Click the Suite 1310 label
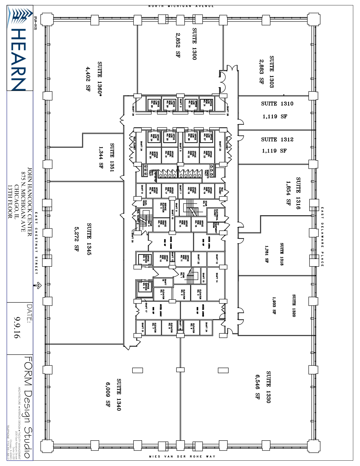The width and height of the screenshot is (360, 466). tap(277, 104)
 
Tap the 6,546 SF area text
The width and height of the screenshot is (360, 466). tap(258, 387)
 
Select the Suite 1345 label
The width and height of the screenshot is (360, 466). tap(89, 239)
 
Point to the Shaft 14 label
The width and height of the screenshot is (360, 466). tap(217, 278)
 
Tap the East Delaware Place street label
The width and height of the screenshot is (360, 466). tap(322, 237)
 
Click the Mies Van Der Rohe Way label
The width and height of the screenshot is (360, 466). tap(182, 456)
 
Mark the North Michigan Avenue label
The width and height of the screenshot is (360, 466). tap(181, 6)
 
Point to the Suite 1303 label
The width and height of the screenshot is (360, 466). tap(271, 72)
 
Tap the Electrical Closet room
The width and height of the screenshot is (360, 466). tap(216, 215)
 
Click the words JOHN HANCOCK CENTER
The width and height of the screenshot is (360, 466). tap(30, 202)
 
